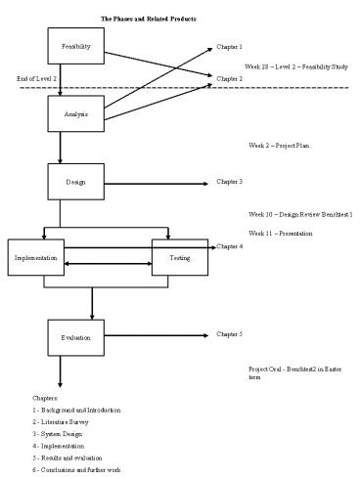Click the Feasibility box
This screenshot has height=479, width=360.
75,46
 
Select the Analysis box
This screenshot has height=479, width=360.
75,114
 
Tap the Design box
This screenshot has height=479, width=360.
75,182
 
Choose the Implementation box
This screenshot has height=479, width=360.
35,258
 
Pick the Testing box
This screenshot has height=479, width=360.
180,258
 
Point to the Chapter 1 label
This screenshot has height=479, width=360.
229,47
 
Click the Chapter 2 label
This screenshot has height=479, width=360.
229,78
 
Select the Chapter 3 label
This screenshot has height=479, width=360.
229,182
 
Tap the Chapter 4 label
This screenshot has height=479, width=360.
229,246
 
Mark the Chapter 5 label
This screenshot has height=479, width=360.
229,334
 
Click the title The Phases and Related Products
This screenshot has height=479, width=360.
148,18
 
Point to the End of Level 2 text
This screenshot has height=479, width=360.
36,77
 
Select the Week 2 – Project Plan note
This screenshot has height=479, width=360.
280,145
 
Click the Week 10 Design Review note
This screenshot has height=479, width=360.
300,213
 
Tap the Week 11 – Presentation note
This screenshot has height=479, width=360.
283,234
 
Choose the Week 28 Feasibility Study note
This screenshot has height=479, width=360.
297,66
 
